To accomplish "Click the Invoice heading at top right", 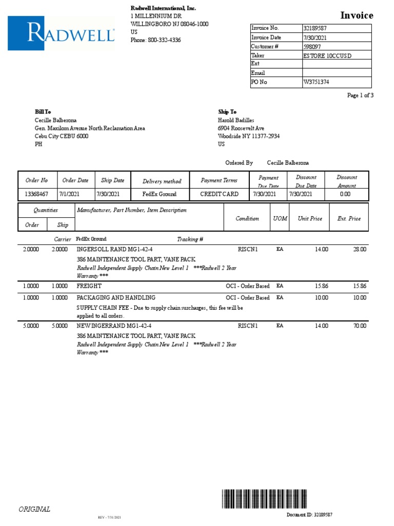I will tap(357, 15).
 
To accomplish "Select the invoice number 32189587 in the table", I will tap(315, 28).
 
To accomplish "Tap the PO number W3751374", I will tap(316, 82).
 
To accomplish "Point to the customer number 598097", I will tap(313, 46).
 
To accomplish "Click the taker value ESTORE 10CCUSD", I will tap(327, 55).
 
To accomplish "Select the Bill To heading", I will tap(43, 111).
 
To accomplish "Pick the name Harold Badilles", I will tap(236, 120).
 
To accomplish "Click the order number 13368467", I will tap(36, 194).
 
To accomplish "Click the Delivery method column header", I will tap(162, 181).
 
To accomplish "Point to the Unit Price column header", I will tap(310, 218).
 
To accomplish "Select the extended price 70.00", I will tap(359, 326).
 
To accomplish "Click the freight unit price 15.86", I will tap(321, 286).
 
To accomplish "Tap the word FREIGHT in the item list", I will tap(89, 286).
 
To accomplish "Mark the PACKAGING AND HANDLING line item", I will tap(116, 297).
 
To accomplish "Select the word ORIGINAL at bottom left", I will tap(34, 509).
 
